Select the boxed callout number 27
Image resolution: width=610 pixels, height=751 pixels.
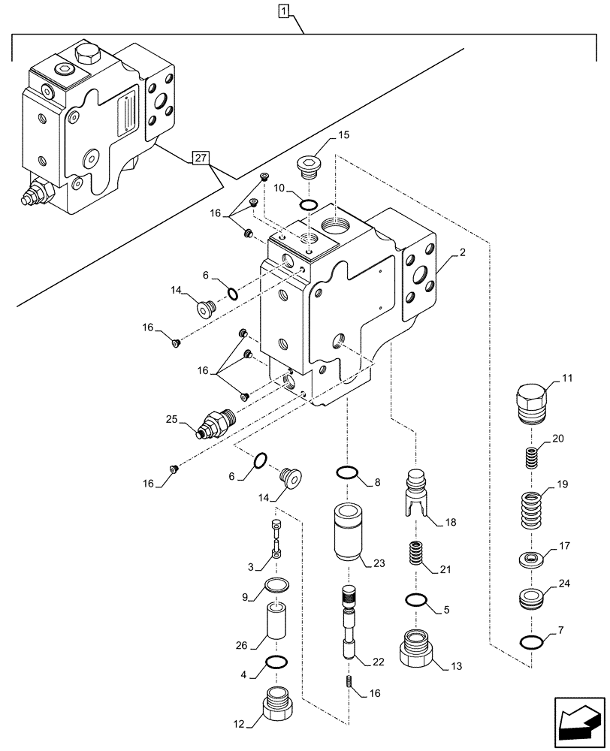(x=199, y=158)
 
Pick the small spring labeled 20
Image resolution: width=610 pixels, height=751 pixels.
(x=532, y=457)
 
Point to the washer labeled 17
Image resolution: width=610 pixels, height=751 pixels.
(x=532, y=559)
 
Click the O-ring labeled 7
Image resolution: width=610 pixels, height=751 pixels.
(x=532, y=641)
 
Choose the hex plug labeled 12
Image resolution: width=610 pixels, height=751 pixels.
(x=277, y=703)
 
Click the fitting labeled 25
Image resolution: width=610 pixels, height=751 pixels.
(x=215, y=423)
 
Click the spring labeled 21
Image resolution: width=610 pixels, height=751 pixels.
(x=414, y=556)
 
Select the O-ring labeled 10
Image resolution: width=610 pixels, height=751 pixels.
(x=308, y=204)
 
